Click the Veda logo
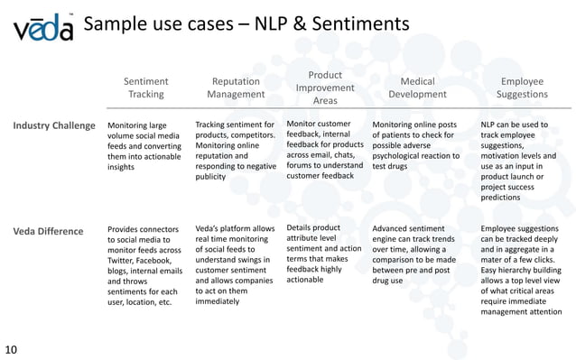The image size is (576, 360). tap(42, 31)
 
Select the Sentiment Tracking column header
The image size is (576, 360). tap(145, 88)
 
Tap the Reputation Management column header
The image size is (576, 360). tap(235, 88)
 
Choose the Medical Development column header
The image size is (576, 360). tap(416, 88)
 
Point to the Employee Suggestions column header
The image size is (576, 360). tap(522, 88)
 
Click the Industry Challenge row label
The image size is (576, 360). tap(55, 125)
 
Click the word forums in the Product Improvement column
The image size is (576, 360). tap(302, 164)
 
